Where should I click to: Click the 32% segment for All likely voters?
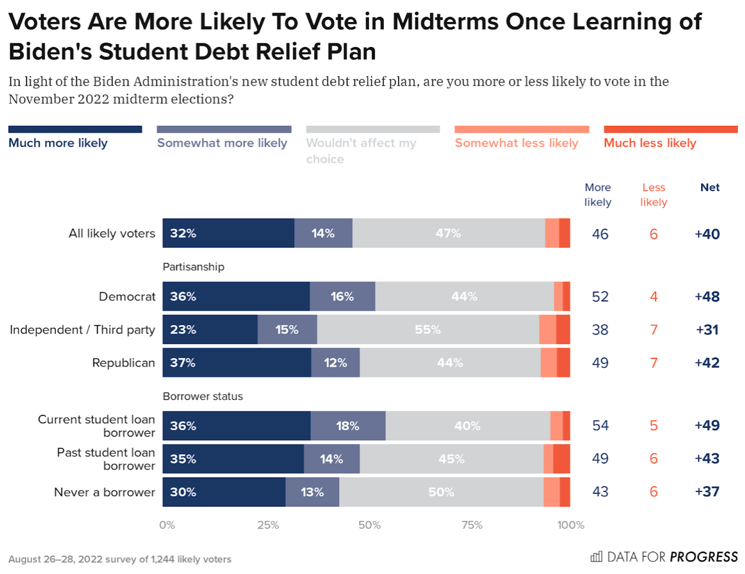click(228, 233)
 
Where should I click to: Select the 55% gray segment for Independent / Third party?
click(428, 329)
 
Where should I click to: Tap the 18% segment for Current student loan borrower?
click(348, 426)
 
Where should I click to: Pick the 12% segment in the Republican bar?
click(335, 363)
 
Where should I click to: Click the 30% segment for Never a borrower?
click(223, 492)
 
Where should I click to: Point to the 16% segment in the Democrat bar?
click(342, 296)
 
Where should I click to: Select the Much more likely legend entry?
click(58, 143)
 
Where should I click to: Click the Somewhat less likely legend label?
click(516, 143)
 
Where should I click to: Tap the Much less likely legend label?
click(650, 143)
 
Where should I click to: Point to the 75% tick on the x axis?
click(472, 525)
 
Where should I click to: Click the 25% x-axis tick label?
click(268, 525)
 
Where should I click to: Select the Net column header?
click(710, 188)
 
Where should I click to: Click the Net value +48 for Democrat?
click(707, 297)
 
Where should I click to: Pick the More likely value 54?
click(600, 426)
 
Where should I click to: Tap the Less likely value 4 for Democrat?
click(654, 297)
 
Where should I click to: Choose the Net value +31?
click(707, 330)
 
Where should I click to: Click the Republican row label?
click(124, 363)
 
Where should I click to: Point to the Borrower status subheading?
click(203, 397)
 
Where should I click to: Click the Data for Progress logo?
click(664, 557)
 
